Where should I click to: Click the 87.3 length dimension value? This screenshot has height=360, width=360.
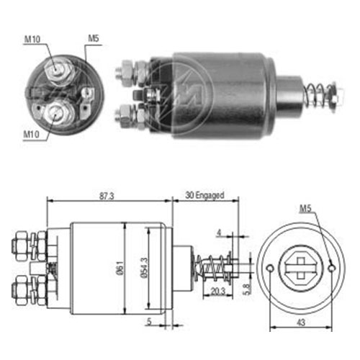[x=107, y=196]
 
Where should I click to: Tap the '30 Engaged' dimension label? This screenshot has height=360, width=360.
[x=204, y=195]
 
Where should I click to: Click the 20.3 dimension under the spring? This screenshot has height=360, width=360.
[x=218, y=292]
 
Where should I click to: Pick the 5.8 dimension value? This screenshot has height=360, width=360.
[x=247, y=289]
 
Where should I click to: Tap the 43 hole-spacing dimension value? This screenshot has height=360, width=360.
[x=301, y=323]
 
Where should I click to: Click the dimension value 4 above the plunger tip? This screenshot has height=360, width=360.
[x=219, y=233]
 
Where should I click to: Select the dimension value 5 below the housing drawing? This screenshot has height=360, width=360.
[x=149, y=322]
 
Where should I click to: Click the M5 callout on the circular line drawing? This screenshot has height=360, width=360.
[x=305, y=209]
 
